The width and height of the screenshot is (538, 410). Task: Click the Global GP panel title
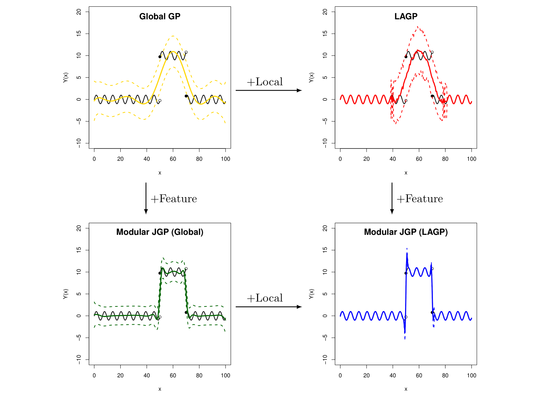click(160, 16)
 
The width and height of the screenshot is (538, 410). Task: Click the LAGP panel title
click(406, 16)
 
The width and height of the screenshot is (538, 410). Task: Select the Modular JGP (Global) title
click(160, 232)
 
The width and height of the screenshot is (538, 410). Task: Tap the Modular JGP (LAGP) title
click(406, 232)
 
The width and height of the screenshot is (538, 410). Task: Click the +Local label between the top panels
click(265, 82)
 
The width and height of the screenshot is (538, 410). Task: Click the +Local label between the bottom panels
click(265, 298)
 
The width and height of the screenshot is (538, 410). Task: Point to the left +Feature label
click(174, 199)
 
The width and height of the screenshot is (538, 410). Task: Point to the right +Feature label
click(420, 199)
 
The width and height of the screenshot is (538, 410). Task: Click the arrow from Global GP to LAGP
click(268, 91)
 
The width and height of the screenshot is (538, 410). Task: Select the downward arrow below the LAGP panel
click(392, 198)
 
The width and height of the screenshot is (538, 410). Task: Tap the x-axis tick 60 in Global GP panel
click(173, 159)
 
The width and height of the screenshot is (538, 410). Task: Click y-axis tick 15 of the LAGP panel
click(325, 33)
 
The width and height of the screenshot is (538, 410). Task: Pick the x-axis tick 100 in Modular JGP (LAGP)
click(471, 376)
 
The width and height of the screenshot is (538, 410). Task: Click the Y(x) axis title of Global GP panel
click(66, 78)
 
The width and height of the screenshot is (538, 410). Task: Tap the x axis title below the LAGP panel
click(406, 173)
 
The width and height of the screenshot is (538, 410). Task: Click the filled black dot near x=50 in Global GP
click(160, 57)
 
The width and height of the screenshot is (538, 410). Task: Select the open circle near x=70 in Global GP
click(186, 52)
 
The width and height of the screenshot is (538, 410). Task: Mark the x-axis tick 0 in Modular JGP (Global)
click(94, 376)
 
